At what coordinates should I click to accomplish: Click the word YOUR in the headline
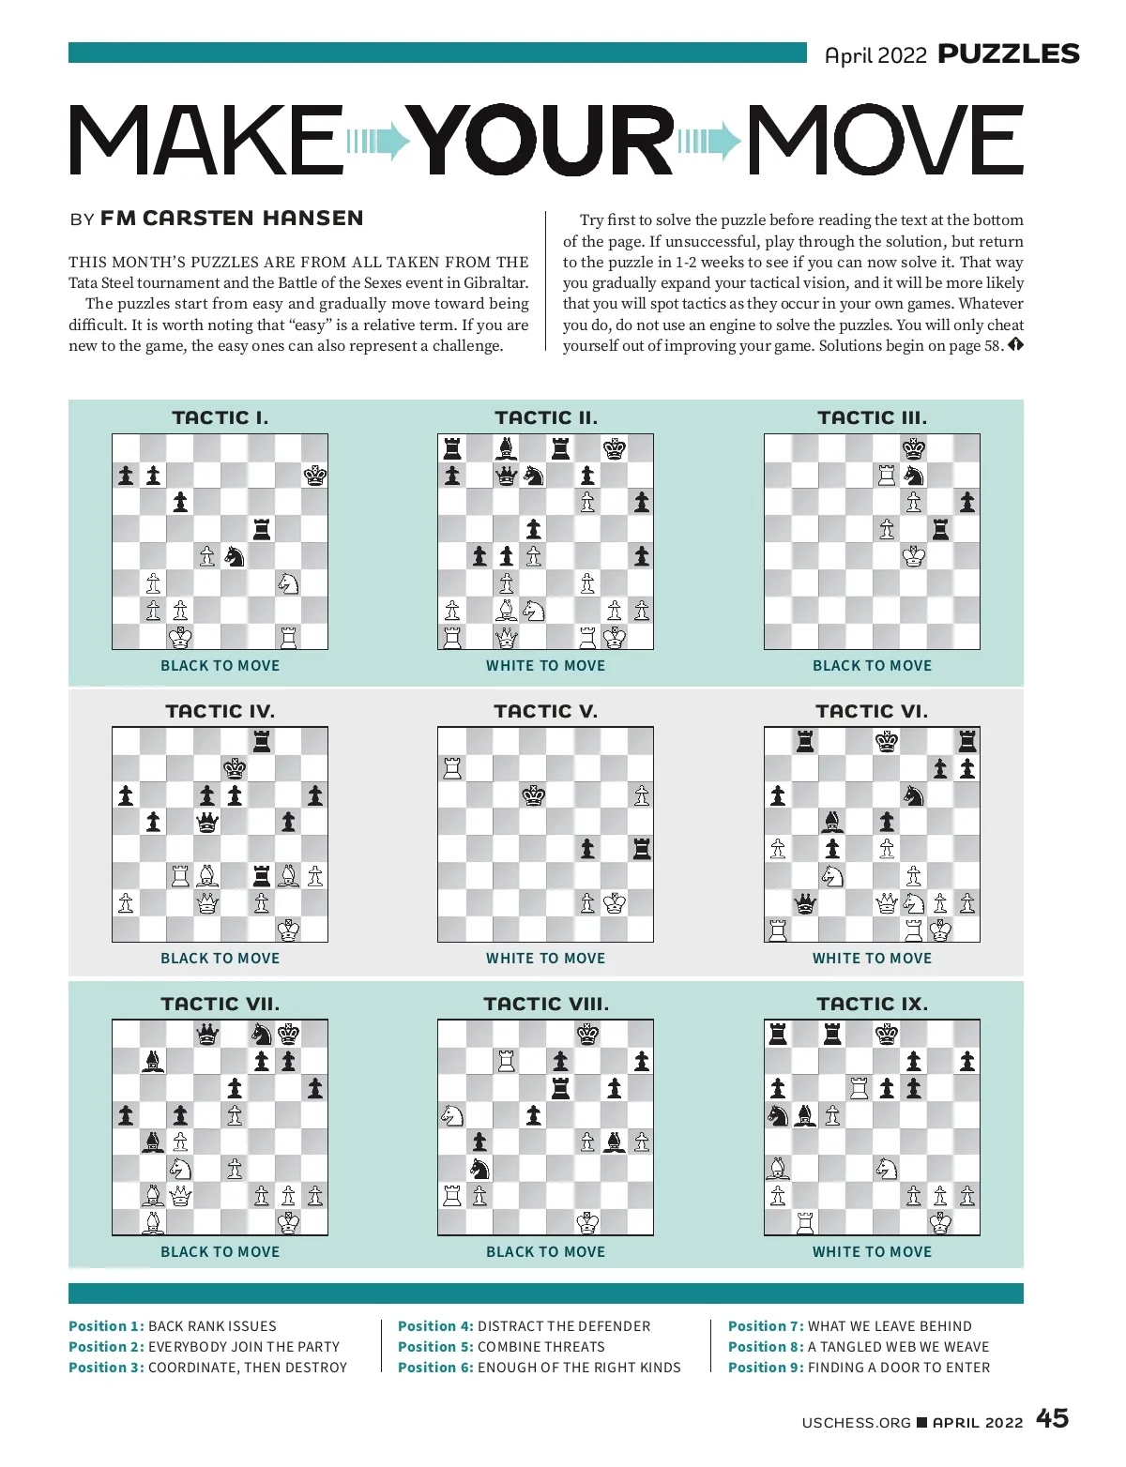(x=544, y=141)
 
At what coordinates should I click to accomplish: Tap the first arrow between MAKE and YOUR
(x=379, y=142)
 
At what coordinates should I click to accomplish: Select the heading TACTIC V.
(x=545, y=711)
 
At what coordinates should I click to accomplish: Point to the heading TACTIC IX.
(x=872, y=1004)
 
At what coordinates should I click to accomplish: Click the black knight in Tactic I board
(x=235, y=556)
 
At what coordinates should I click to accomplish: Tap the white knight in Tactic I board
(x=288, y=583)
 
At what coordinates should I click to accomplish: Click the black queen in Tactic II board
(x=507, y=476)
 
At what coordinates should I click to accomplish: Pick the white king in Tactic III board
(x=913, y=556)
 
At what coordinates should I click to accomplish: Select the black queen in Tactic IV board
(x=207, y=823)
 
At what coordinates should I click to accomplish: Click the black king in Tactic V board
(x=534, y=795)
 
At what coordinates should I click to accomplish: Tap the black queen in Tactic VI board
(x=805, y=903)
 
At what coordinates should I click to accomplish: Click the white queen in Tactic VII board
(x=180, y=1196)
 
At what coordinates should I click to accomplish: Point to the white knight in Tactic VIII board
(x=452, y=1115)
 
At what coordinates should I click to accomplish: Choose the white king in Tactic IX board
(x=939, y=1222)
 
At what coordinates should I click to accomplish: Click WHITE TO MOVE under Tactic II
(x=545, y=666)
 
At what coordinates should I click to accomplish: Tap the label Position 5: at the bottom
(x=434, y=1347)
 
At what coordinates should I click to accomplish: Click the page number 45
(x=1052, y=1418)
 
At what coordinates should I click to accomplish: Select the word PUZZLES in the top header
(x=1009, y=54)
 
